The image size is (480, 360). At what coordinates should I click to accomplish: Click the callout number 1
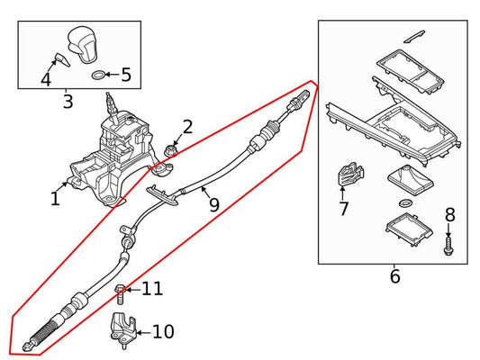pyautogui.click(x=55, y=197)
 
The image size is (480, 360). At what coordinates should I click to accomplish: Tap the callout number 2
pyautogui.click(x=187, y=127)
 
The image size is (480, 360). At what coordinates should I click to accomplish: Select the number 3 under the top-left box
pyautogui.click(x=68, y=101)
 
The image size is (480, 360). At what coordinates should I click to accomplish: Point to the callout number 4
pyautogui.click(x=45, y=79)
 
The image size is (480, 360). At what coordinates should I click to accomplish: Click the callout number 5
pyautogui.click(x=125, y=75)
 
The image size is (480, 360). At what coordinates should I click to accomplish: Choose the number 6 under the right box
pyautogui.click(x=394, y=276)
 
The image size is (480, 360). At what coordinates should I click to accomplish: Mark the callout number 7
pyautogui.click(x=343, y=210)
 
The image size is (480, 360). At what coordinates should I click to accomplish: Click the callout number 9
pyautogui.click(x=213, y=204)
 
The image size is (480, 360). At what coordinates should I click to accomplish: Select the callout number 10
pyautogui.click(x=163, y=332)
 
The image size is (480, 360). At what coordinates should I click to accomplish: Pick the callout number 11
pyautogui.click(x=152, y=289)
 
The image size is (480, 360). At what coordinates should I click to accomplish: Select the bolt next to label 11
pyautogui.click(x=119, y=291)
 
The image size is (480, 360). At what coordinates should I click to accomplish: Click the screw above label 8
pyautogui.click(x=448, y=241)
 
